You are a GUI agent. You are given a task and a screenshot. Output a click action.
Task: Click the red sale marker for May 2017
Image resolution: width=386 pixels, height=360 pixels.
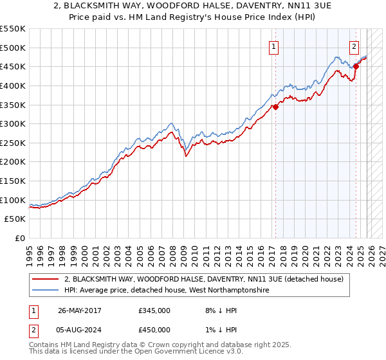click(x=275, y=107)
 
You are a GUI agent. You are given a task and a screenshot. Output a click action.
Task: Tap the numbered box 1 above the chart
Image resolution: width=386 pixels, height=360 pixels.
click(x=274, y=46)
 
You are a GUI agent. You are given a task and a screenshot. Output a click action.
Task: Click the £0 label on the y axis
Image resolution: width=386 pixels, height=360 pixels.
click(x=19, y=239)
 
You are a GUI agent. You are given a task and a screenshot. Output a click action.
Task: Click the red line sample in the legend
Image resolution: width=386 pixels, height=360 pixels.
click(x=46, y=279)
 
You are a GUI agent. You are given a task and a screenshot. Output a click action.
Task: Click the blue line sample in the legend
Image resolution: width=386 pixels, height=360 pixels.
click(x=46, y=290)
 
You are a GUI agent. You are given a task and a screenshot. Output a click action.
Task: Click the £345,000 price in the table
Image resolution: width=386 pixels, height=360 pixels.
click(x=154, y=310)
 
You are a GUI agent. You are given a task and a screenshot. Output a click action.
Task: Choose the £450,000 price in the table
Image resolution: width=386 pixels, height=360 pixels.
click(x=154, y=330)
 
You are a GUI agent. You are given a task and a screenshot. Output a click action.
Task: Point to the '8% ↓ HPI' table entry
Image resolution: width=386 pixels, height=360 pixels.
click(x=219, y=310)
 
